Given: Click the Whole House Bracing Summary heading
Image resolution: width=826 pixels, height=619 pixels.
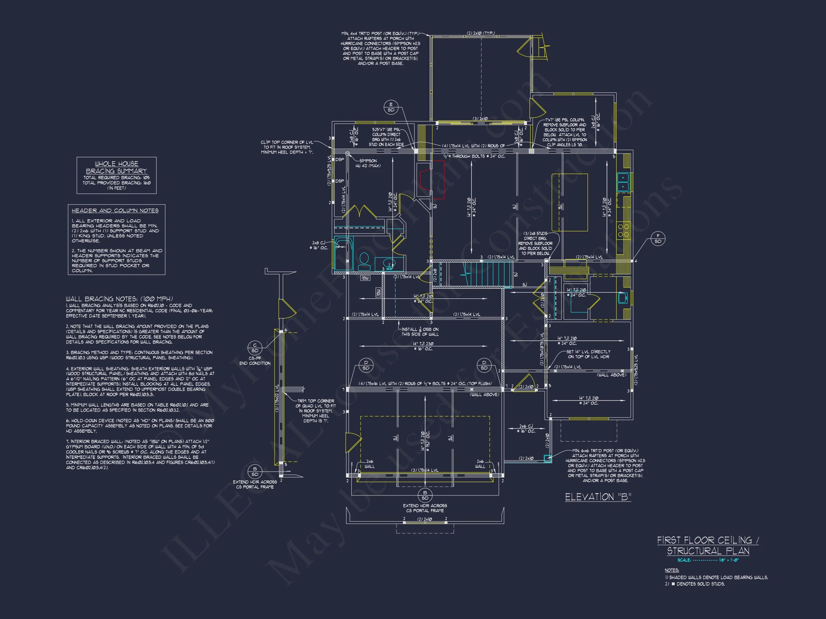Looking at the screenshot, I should (117, 167).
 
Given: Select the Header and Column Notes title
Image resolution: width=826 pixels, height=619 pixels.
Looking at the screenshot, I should (115, 210).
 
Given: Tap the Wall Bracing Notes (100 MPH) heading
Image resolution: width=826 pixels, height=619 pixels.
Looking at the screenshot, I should (119, 299).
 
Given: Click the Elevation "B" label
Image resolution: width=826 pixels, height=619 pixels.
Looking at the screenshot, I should (598, 497).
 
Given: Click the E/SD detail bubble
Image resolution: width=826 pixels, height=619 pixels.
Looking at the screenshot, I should (391, 107).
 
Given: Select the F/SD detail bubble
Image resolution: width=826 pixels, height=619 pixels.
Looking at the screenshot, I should (658, 239).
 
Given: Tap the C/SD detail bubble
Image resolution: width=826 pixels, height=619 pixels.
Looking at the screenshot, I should (255, 348).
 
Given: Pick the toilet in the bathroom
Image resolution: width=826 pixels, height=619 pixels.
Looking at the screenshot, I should (364, 260).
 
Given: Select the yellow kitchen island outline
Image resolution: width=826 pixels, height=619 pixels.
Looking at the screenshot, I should (570, 202).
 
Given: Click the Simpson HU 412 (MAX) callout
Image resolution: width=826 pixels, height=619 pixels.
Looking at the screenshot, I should (368, 163).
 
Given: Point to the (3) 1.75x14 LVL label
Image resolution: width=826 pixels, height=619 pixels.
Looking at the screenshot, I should (425, 470).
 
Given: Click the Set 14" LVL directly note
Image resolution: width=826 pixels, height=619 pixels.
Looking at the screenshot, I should (589, 354).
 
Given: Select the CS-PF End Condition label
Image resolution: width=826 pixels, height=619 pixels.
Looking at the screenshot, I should (255, 360).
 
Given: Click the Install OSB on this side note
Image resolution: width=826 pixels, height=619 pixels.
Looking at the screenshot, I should (420, 332).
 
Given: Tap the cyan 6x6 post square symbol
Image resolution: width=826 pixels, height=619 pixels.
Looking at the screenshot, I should (547, 459).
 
